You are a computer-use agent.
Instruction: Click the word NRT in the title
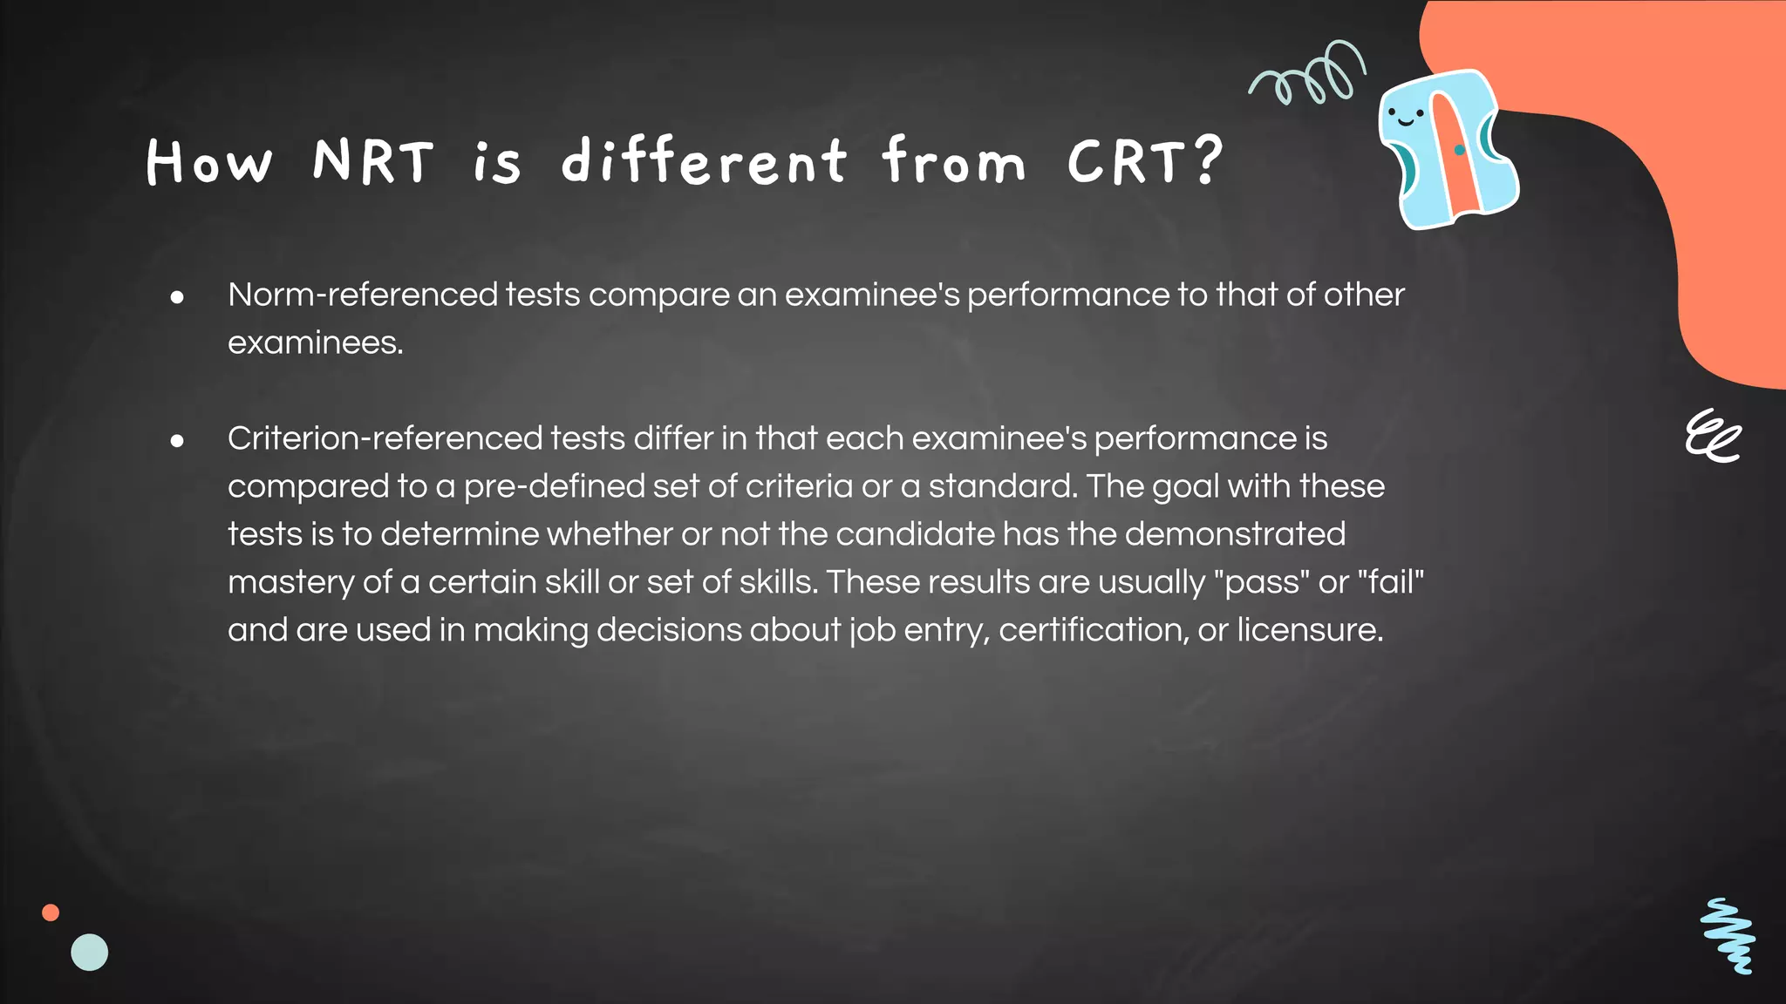372,162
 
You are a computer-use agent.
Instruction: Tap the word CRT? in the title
1144,162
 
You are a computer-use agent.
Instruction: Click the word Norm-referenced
362,295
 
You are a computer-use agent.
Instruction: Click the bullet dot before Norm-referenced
178,298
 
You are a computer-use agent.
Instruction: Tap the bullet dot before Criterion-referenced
178,442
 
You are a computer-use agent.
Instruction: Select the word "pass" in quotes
1262,582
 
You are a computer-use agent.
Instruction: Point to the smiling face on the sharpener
1405,116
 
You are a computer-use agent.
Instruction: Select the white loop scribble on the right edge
1712,436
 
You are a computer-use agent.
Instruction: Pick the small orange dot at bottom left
51,912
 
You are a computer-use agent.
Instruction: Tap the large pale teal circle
90,953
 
